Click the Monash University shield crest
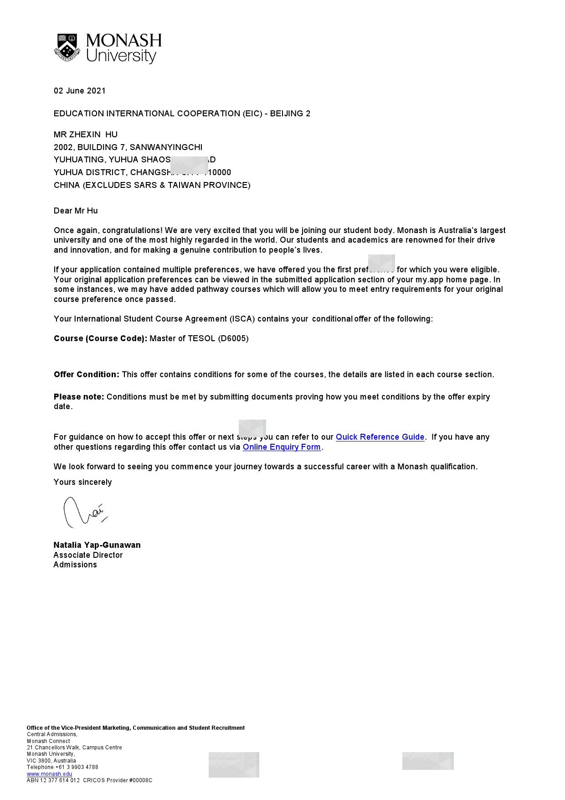coord(67,47)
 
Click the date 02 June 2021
coord(80,91)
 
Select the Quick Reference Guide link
coord(380,437)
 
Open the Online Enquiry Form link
coord(282,447)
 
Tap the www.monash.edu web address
coord(49,774)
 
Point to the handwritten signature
coord(84,512)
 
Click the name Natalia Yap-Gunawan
coord(97,545)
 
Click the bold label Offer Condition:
coord(87,374)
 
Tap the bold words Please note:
coord(79,397)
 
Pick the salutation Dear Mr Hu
coord(76,211)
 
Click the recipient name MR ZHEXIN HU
coord(86,135)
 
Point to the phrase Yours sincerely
coord(82,482)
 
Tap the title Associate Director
coord(88,555)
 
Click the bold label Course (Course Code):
coord(100,338)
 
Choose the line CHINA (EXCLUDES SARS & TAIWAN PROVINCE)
coord(152,185)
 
